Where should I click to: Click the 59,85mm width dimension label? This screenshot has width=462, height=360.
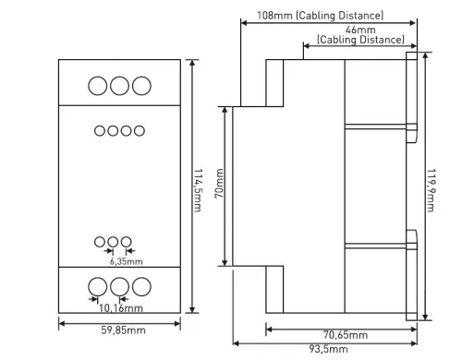[123, 330]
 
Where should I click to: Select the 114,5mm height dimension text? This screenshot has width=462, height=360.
[198, 190]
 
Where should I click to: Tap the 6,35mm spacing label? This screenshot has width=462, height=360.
[127, 262]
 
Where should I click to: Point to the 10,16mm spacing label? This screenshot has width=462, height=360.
[121, 308]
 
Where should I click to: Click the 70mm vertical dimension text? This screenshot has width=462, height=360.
[219, 184]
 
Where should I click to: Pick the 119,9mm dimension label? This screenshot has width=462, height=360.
[431, 190]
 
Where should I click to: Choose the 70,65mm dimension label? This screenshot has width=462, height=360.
[346, 335]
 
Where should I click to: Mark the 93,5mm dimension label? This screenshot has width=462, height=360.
[329, 349]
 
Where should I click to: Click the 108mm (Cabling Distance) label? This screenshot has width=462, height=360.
[321, 16]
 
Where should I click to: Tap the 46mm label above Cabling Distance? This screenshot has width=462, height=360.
[360, 30]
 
